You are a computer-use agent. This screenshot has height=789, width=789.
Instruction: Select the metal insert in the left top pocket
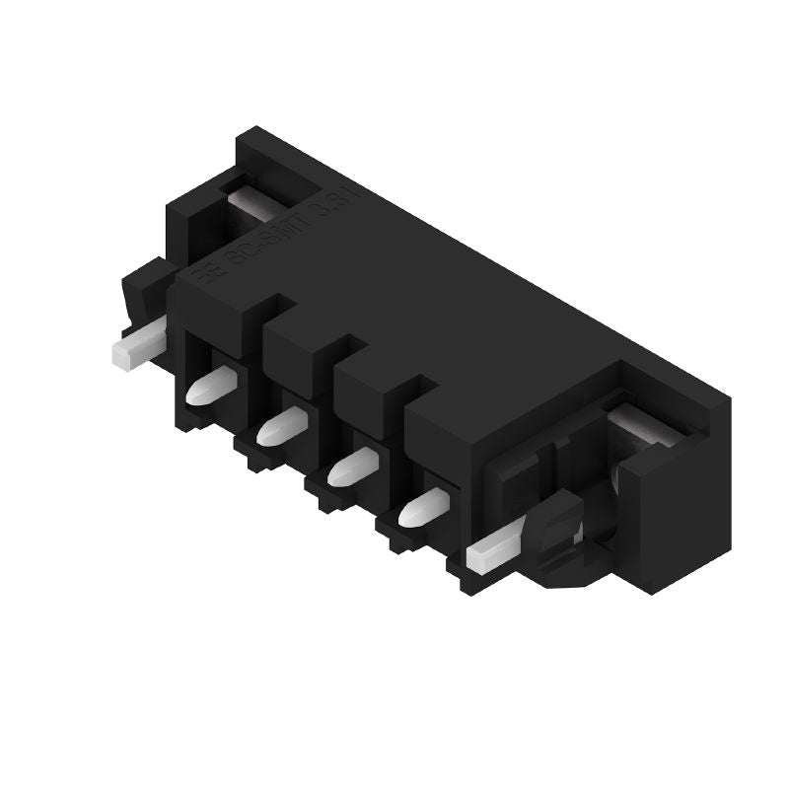point(258,204)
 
